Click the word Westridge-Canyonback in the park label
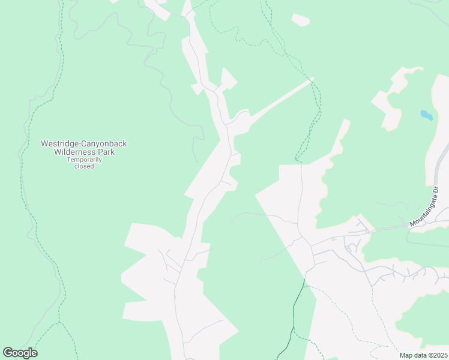pos(83,143)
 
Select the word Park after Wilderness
pos(107,152)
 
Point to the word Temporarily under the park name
pos(84,160)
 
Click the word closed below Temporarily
pos(84,166)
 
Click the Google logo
pos(20,353)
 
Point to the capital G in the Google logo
pos(8,353)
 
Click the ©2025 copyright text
pos(436,355)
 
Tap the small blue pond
pos(426,115)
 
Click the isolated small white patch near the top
pos(301,20)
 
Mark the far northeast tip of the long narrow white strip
pos(312,79)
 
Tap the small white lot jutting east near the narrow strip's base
pos(236,158)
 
